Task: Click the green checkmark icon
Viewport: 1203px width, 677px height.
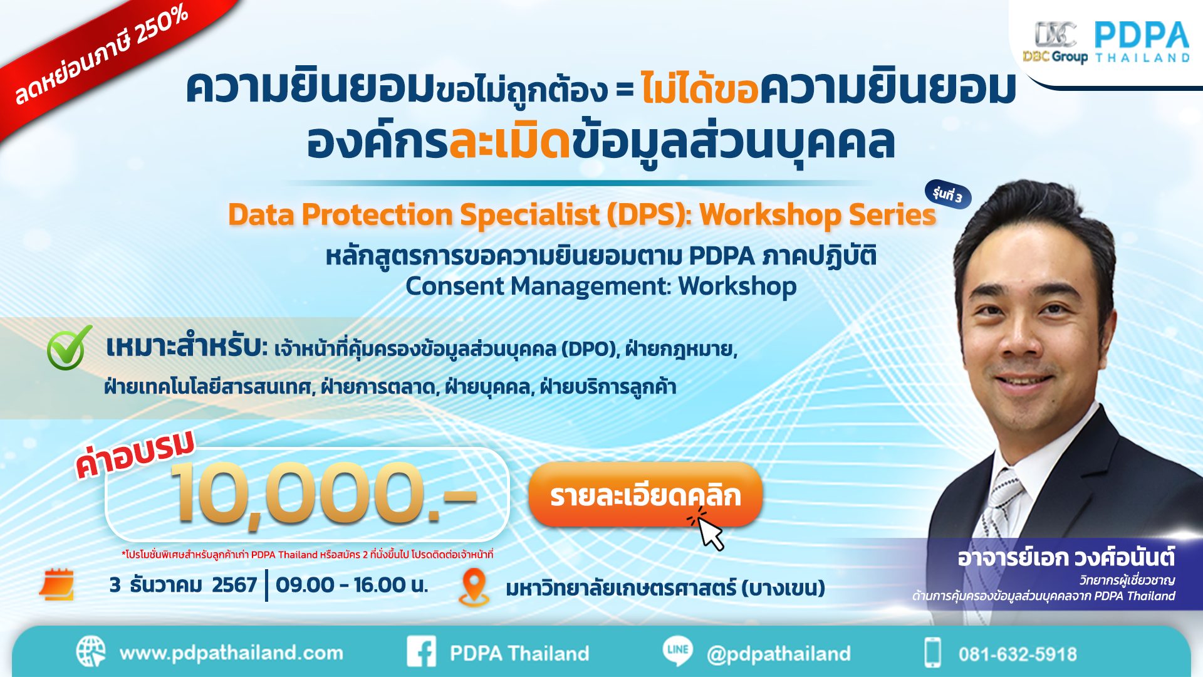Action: [68, 348]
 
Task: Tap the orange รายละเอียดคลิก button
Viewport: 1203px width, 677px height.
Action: [645, 495]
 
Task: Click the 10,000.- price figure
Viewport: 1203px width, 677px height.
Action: [323, 494]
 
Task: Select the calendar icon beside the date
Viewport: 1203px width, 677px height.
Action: [57, 584]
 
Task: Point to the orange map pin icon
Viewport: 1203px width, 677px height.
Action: [474, 586]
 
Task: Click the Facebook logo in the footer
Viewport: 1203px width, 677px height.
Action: [422, 652]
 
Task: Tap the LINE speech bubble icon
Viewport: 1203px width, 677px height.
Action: [678, 651]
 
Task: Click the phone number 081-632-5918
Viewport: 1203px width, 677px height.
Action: [1017, 654]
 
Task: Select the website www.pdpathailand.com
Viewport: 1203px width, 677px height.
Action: [231, 653]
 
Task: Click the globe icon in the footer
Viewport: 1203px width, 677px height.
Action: [91, 652]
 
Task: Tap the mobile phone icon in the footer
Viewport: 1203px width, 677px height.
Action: [932, 653]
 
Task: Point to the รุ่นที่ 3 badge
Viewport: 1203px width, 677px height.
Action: [947, 195]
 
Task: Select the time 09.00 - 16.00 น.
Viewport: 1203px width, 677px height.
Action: [352, 585]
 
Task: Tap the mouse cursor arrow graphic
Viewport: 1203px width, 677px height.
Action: [710, 532]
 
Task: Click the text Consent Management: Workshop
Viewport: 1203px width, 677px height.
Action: [601, 286]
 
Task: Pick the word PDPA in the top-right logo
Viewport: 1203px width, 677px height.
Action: [1142, 35]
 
